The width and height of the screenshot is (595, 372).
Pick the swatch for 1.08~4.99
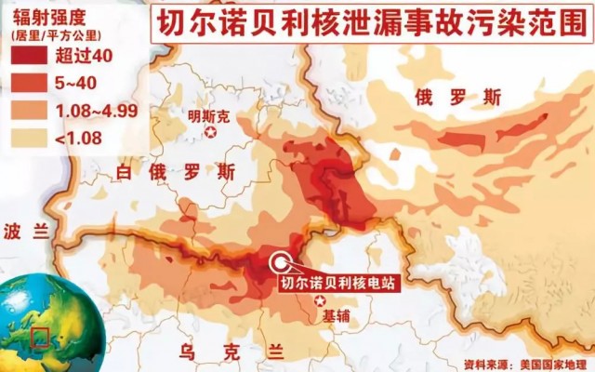click(31, 111)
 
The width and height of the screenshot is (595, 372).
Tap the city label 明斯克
click(208, 116)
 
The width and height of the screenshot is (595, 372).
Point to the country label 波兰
click(24, 232)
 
